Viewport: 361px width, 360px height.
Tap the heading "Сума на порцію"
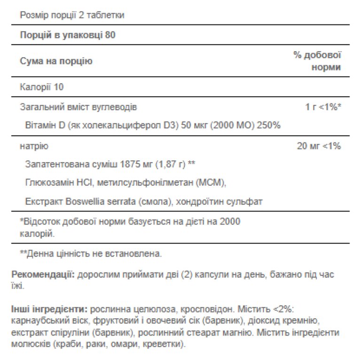56,61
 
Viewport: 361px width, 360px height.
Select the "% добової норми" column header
317,61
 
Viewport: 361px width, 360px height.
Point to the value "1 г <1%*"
323,107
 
